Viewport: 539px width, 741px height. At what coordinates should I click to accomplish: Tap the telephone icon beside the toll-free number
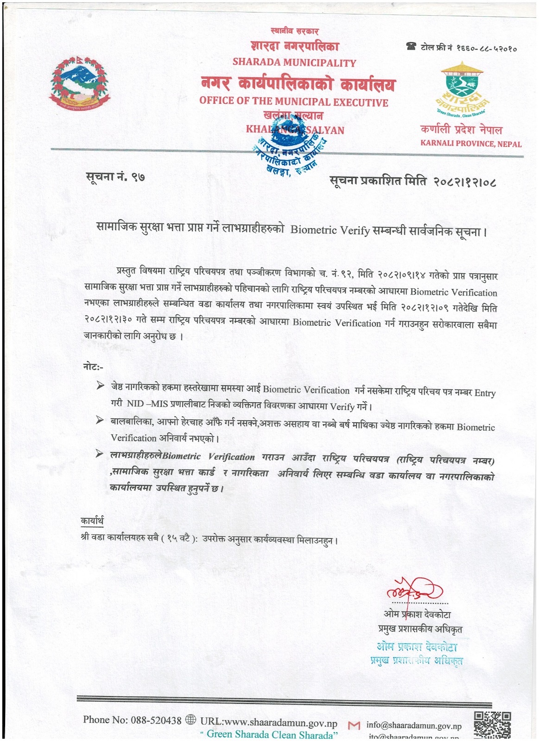pos(411,46)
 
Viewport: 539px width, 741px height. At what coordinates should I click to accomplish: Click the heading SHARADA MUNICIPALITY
pos(294,63)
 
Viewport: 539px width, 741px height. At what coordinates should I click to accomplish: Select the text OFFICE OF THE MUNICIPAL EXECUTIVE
pos(294,102)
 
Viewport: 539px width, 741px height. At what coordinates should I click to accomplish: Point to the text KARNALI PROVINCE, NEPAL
pos(471,144)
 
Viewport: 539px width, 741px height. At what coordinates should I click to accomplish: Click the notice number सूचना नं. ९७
pos(115,176)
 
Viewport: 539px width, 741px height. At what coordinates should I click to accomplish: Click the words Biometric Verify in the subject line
pos(330,230)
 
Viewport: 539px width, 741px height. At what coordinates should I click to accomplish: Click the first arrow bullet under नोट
pos(100,386)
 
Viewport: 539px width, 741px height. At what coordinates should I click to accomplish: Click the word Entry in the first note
pos(485,393)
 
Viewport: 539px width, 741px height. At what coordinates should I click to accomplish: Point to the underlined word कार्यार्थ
pos(92,521)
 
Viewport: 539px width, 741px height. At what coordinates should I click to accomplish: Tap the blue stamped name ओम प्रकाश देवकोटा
pos(417,647)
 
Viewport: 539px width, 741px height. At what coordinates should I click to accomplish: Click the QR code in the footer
pos(492,725)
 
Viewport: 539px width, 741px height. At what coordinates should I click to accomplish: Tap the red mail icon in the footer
pos(354,726)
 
